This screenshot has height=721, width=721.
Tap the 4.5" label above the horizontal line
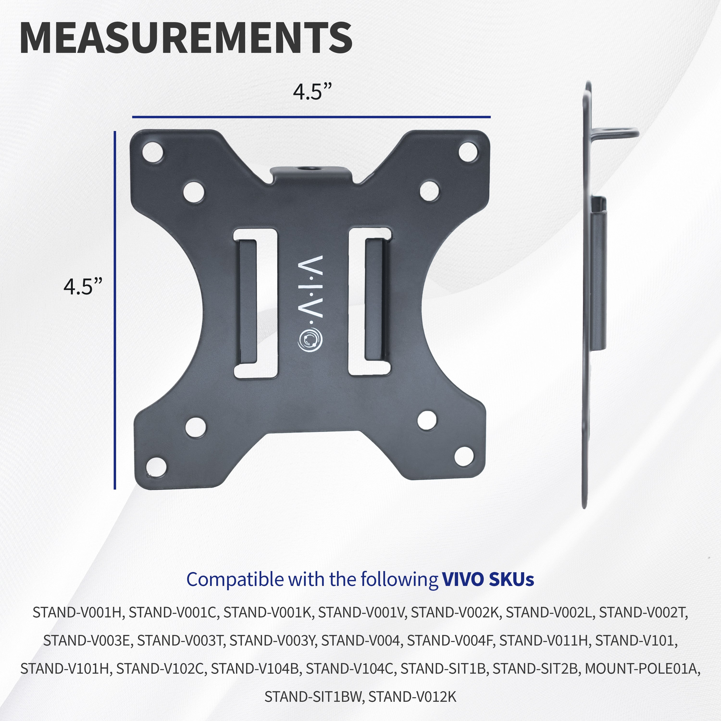pyautogui.click(x=312, y=92)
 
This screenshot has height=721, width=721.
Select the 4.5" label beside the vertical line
pyautogui.click(x=82, y=287)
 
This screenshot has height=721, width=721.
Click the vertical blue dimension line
pyautogui.click(x=115, y=310)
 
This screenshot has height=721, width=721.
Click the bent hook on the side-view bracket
pyautogui.click(x=616, y=132)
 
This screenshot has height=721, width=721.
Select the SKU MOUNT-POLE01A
pyautogui.click(x=642, y=658)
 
